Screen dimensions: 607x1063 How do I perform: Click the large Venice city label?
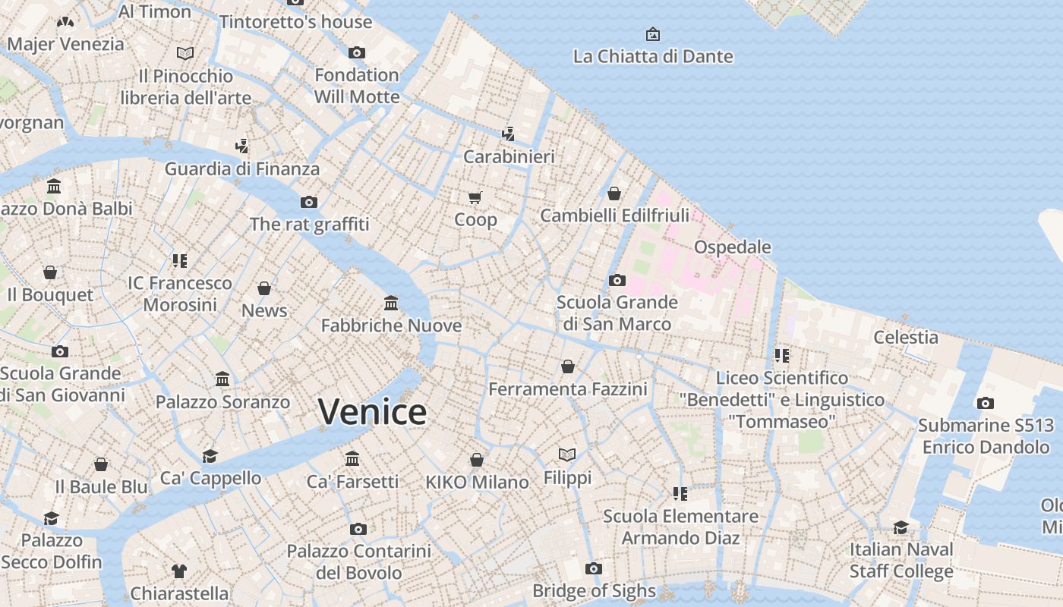[372, 412]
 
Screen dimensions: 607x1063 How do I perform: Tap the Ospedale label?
[732, 247]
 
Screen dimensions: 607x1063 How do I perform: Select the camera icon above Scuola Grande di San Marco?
[617, 281]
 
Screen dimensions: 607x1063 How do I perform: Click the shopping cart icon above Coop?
[475, 198]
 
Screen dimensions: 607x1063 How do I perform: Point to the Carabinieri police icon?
[508, 134]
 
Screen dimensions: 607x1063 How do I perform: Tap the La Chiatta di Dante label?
[653, 56]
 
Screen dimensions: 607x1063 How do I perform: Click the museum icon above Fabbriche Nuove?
[391, 303]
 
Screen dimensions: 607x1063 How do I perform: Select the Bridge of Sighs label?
[594, 590]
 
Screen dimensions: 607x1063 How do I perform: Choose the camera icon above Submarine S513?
[985, 404]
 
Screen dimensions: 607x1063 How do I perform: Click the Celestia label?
[905, 337]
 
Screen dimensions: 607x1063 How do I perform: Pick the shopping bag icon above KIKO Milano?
[477, 460]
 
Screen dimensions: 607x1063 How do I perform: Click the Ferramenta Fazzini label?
[567, 389]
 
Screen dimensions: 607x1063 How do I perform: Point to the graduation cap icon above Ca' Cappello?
[210, 456]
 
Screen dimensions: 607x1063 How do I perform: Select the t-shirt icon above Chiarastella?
[179, 571]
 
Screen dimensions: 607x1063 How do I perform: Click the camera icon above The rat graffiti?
[308, 202]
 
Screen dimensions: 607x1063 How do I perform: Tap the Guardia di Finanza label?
[241, 168]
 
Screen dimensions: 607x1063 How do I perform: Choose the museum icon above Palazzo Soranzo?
[222, 379]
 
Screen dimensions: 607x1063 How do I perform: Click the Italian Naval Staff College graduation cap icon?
[901, 527]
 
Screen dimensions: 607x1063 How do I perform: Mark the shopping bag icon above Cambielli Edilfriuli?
[614, 193]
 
